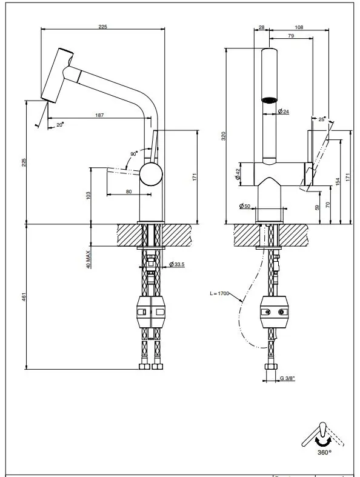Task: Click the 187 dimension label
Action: tap(98, 115)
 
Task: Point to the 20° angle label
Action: tap(60, 124)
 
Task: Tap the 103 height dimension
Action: tap(88, 195)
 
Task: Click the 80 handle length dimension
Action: tap(128, 192)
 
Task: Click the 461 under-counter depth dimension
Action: tap(24, 296)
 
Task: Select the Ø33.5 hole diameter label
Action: tap(177, 264)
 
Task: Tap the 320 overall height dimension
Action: tap(223, 136)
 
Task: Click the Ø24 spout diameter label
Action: tap(282, 112)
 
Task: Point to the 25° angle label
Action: tap(321, 118)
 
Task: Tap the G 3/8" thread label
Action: tap(287, 379)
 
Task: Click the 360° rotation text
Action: tap(324, 452)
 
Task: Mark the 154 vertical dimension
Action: tap(336, 181)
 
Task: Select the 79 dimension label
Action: tap(292, 36)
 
